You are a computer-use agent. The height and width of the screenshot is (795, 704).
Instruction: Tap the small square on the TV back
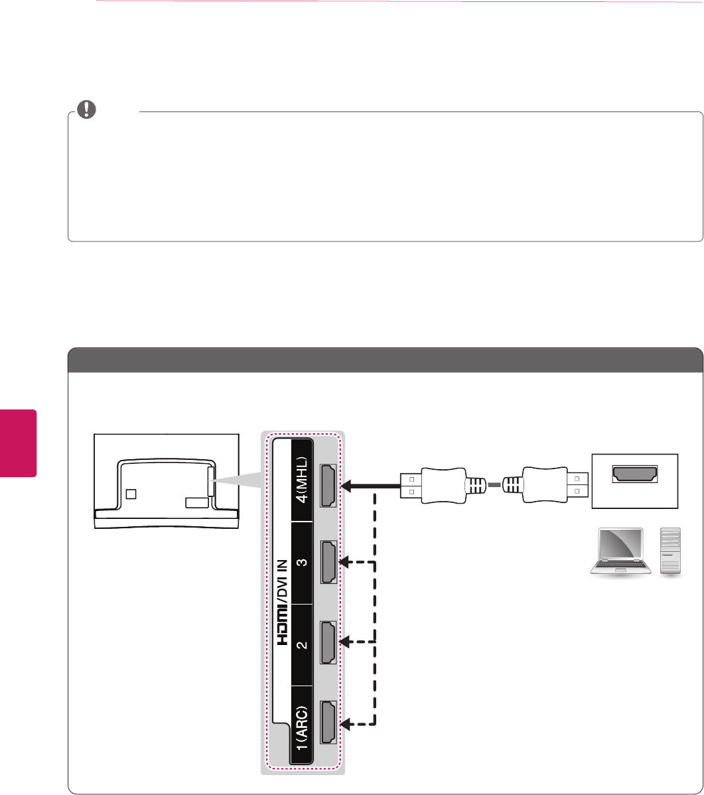click(x=131, y=494)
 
